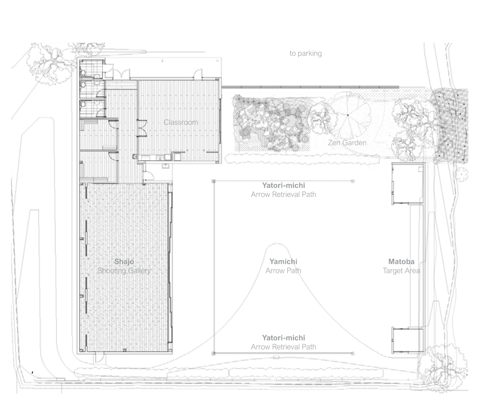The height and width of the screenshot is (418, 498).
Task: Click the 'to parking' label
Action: click(305, 53)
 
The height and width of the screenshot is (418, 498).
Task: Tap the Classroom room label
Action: click(181, 122)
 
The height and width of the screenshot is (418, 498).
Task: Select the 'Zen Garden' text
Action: click(347, 143)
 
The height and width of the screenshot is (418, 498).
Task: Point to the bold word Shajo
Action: click(124, 262)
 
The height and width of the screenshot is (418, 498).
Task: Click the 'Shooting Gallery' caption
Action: click(124, 271)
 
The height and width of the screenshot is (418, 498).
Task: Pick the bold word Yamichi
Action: click(283, 262)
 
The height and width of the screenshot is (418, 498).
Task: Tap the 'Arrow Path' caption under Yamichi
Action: click(283, 271)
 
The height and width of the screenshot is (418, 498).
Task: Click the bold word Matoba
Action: click(401, 262)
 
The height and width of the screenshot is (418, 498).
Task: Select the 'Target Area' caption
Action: click(401, 271)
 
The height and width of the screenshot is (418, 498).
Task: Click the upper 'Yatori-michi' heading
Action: click(284, 185)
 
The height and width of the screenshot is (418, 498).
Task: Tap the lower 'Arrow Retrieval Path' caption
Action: click(284, 347)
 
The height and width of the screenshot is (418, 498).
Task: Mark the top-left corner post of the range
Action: click(214, 181)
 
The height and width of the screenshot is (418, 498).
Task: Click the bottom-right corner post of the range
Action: click(353, 353)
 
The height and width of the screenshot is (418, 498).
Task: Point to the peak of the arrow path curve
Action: click(277, 244)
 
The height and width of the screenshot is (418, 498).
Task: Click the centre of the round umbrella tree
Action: click(348, 115)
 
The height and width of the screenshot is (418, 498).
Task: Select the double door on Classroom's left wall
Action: click(142, 128)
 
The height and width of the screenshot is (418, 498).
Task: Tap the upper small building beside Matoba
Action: click(408, 184)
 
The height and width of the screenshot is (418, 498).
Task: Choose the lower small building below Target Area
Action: click(408, 340)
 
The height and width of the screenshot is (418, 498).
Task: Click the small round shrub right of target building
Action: click(461, 174)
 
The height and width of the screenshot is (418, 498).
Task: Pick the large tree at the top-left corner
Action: click(50, 63)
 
